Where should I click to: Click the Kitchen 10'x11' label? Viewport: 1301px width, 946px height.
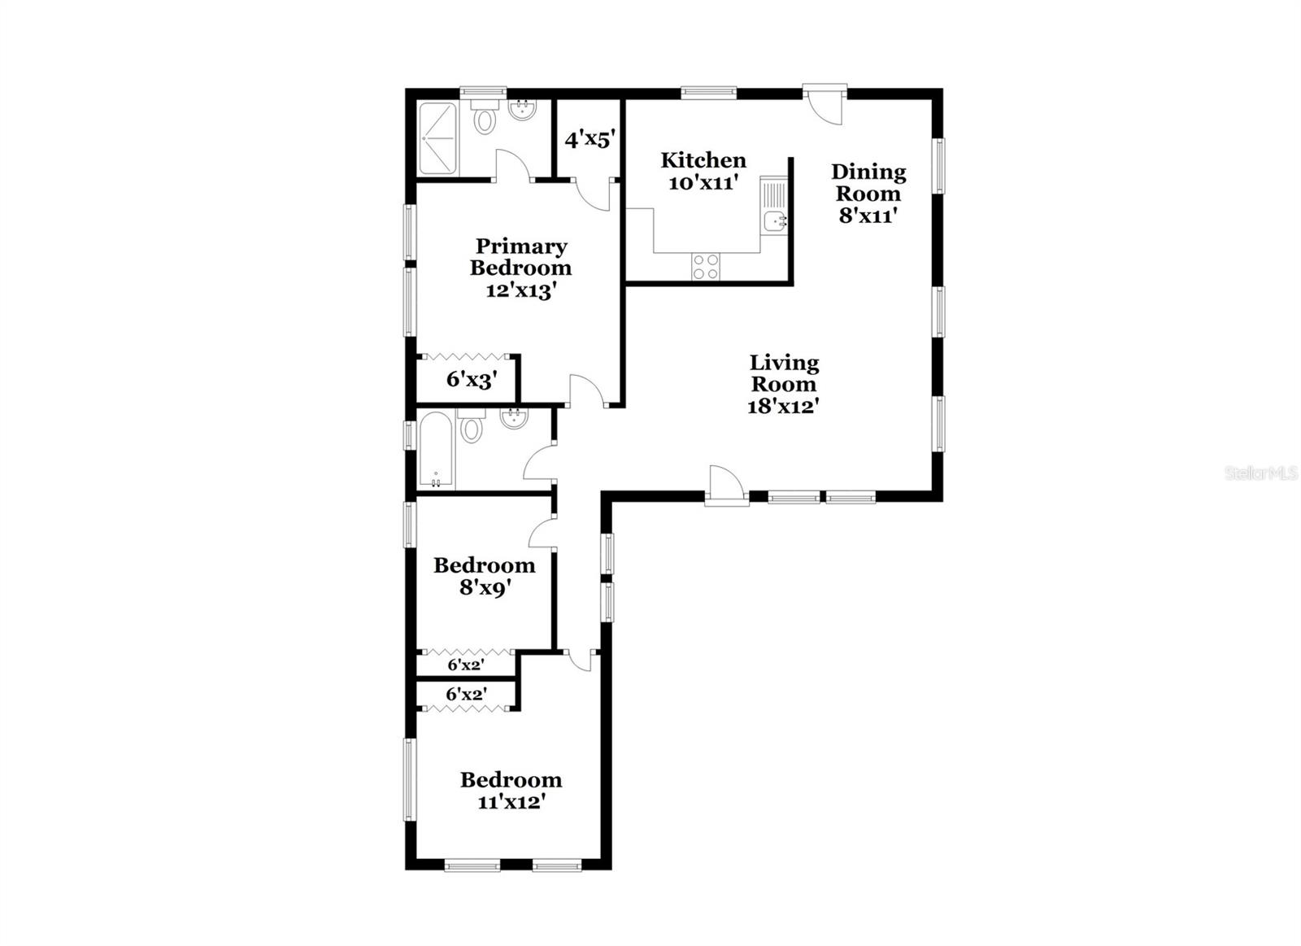[703, 171]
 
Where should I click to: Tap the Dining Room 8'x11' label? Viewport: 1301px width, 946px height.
[868, 194]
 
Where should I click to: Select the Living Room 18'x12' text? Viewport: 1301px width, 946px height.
[783, 384]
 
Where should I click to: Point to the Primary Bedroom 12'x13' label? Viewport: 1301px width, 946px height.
[520, 268]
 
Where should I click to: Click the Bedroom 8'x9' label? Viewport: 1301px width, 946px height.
[484, 576]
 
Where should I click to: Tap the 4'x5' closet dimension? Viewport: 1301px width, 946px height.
[588, 139]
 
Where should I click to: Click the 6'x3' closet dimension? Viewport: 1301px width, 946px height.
[471, 379]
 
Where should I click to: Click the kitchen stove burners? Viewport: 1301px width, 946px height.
[705, 267]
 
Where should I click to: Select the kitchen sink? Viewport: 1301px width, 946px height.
[774, 220]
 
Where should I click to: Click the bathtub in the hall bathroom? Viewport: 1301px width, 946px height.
[435, 451]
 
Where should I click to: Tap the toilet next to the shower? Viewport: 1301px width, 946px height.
[485, 119]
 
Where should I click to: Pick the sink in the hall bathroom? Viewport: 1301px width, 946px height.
[514, 420]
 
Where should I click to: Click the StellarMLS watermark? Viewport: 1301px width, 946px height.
[1260, 473]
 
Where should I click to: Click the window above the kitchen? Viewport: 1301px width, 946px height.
[708, 93]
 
